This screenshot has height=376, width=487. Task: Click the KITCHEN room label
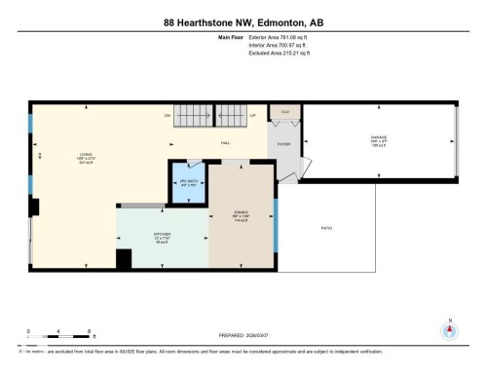coord(162,235)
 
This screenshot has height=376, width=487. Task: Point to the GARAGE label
coord(379,138)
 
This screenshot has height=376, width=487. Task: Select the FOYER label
coord(284,143)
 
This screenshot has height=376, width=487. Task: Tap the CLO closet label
coord(285,112)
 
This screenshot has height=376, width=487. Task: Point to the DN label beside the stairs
coord(168,115)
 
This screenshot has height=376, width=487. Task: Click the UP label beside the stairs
coord(253,115)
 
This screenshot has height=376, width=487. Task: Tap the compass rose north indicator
coord(449,329)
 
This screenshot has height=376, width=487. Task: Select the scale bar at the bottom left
coord(59,336)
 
